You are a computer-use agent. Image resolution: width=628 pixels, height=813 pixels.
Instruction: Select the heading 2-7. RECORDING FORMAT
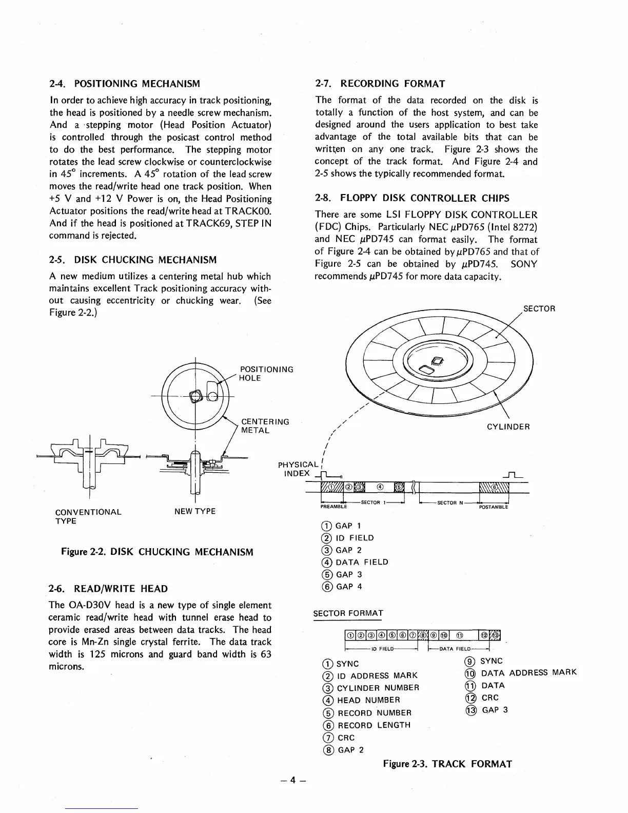(x=380, y=83)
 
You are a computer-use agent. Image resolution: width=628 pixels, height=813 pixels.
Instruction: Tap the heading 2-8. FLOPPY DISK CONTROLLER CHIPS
(x=413, y=198)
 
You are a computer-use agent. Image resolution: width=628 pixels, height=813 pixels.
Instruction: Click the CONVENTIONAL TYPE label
(x=88, y=516)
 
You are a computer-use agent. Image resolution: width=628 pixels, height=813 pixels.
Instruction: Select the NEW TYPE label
(x=195, y=511)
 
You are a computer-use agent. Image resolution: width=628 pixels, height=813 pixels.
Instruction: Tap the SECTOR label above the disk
(x=539, y=308)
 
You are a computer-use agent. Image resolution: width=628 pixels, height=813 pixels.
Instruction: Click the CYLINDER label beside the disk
(x=508, y=427)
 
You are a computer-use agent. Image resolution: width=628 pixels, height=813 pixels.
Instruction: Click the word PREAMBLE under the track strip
(x=333, y=507)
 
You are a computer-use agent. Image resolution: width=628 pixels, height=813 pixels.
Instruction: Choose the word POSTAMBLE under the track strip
(x=493, y=507)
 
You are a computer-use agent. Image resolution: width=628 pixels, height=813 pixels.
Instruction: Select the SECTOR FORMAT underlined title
(x=348, y=613)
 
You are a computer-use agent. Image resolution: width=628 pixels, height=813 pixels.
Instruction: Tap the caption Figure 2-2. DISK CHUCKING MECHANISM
(x=157, y=552)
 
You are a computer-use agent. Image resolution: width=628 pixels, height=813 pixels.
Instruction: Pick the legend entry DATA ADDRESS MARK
(x=528, y=672)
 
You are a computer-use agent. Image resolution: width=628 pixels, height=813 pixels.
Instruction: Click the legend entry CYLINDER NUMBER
(x=378, y=688)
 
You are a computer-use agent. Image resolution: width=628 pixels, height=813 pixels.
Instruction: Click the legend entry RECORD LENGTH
(x=374, y=725)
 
